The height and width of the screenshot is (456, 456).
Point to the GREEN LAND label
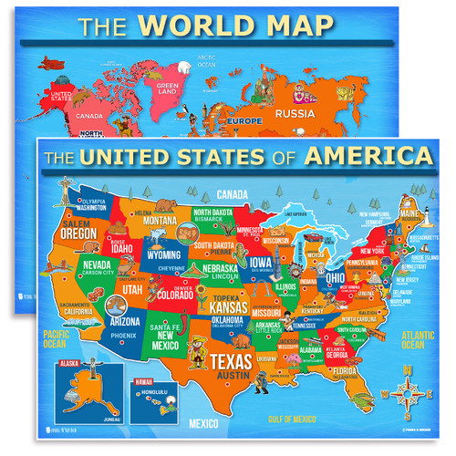pos(167,90)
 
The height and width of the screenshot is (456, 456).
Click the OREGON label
pos(79,233)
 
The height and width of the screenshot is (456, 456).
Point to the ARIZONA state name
pos(123,321)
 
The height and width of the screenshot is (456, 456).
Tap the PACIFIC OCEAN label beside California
pos(55,339)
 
